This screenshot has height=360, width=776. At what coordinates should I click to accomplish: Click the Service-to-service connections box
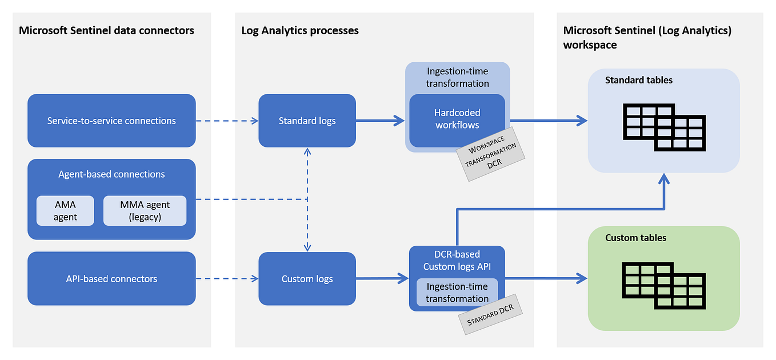(x=111, y=121)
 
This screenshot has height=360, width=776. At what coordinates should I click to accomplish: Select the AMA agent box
(x=65, y=211)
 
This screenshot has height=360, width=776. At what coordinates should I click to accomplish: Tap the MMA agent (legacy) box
(x=145, y=211)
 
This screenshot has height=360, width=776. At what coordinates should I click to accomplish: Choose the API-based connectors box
(x=111, y=279)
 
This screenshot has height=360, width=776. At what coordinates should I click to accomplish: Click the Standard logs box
(x=307, y=121)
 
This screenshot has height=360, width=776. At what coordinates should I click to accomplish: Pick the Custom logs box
(x=307, y=279)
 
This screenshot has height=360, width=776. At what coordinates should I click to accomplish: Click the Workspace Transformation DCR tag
(x=490, y=154)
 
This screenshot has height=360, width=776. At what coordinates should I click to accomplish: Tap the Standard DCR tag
(x=491, y=317)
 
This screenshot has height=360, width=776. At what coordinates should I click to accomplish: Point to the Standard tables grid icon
(x=663, y=127)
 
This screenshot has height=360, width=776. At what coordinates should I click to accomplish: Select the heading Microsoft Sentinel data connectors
(x=107, y=30)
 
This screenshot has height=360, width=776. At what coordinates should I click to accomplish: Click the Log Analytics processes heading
(x=300, y=30)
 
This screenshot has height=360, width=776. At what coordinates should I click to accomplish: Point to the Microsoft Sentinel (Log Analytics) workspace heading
(x=647, y=37)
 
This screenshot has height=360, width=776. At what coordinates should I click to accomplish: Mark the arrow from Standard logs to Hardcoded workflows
(x=380, y=121)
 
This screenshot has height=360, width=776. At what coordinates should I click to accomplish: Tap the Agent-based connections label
(x=111, y=174)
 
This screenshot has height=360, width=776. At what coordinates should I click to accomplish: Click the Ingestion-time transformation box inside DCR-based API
(x=457, y=292)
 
